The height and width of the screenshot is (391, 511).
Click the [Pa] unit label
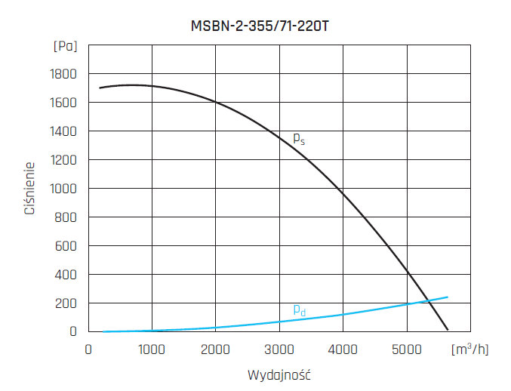pos(66,46)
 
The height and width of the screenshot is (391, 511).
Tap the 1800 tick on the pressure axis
pos(63,74)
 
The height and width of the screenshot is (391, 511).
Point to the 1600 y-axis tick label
pos(63,103)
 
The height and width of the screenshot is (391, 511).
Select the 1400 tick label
pos(63,131)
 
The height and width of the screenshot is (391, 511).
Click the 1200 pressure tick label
pos(63,160)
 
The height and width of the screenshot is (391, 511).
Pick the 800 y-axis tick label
pos(66,217)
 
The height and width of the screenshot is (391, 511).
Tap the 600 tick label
pos(66,246)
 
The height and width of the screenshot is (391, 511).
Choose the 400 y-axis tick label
pos(66,275)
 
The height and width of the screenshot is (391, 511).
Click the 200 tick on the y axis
pos(66,303)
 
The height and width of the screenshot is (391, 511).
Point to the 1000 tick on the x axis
pos(152,349)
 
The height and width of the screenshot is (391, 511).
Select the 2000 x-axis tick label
pos(216,349)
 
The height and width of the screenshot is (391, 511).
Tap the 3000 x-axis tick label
pos(279,349)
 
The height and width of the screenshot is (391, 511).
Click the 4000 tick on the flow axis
pos(343,349)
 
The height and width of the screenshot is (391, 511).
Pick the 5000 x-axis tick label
pos(407,349)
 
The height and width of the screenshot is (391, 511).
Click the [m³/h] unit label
pos(469,349)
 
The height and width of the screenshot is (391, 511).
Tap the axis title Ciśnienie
pos(29,188)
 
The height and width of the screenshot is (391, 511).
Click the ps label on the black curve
pos(298,139)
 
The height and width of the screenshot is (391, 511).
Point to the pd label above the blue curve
pos(299,309)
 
